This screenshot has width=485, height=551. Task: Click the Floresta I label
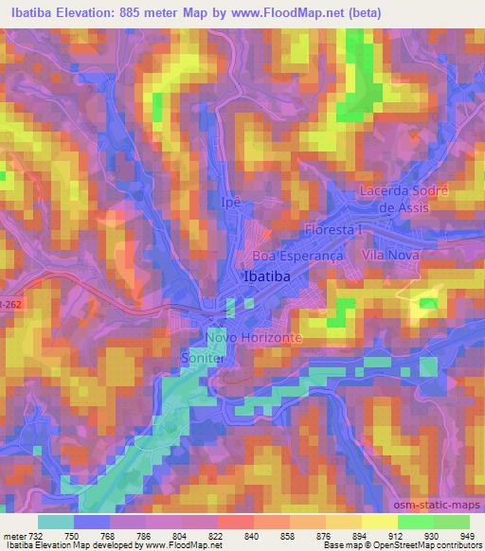334,230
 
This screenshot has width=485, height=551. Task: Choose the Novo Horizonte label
254,338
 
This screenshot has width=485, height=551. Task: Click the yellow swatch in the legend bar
379,521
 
